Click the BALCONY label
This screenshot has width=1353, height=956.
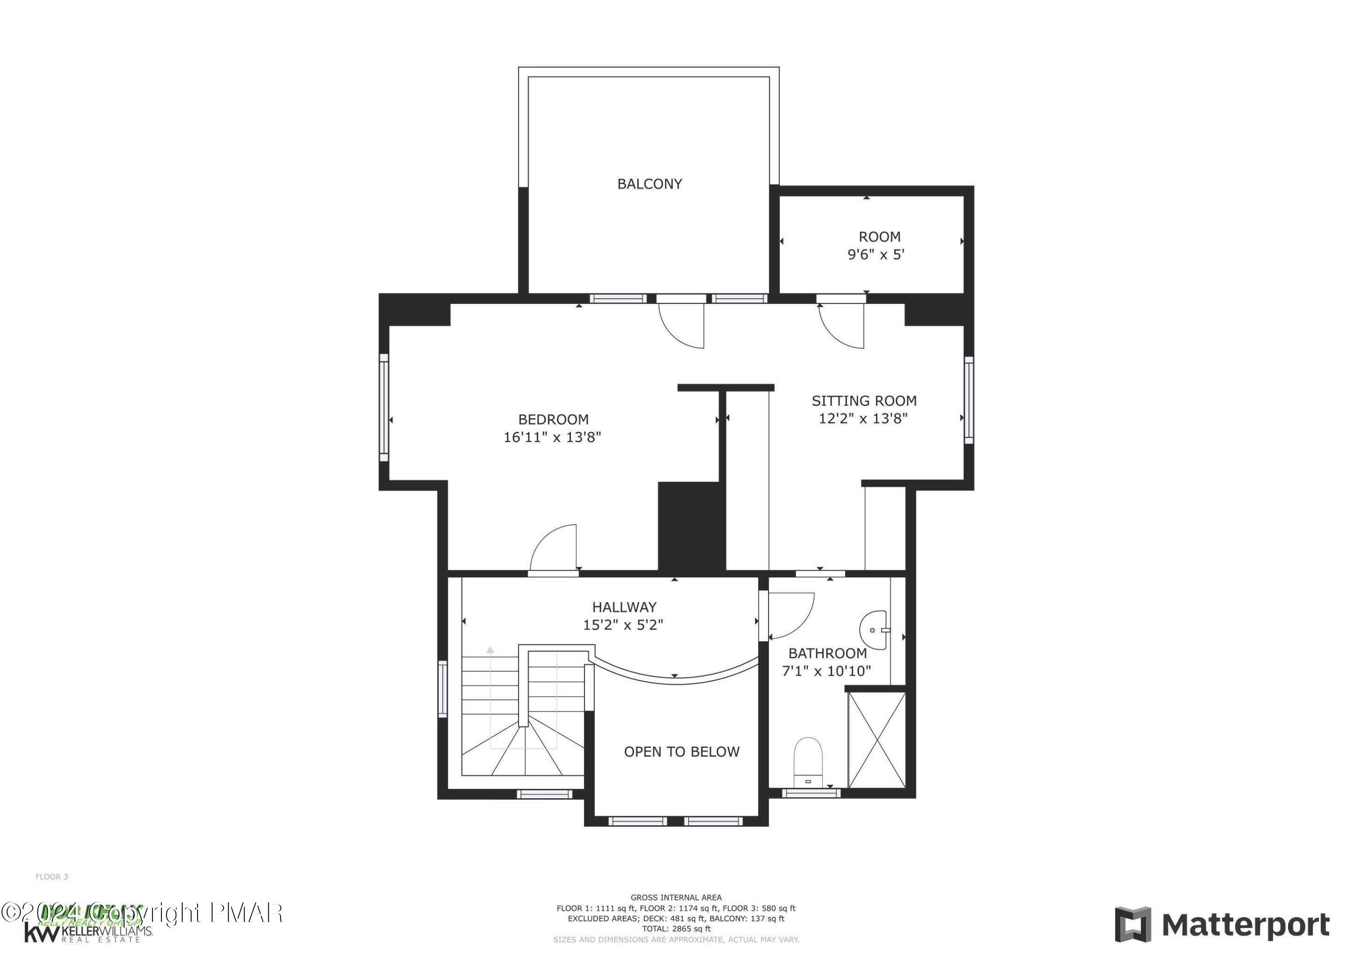pos(649,184)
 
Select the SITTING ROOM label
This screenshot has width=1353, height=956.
pos(864,401)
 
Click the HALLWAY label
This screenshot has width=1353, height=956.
pos(624,607)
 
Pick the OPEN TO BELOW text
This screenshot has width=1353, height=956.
pos(681,752)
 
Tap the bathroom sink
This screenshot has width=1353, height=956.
pos(874,629)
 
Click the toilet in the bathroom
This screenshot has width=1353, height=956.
pos(807,762)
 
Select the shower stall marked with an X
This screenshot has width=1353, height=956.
pos(876,740)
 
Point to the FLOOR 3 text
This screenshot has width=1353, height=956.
pos(52,877)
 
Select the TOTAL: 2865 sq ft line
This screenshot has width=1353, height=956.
pos(676,929)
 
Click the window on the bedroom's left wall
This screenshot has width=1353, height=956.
pos(384,407)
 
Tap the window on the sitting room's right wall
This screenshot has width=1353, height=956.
pos(968,399)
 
